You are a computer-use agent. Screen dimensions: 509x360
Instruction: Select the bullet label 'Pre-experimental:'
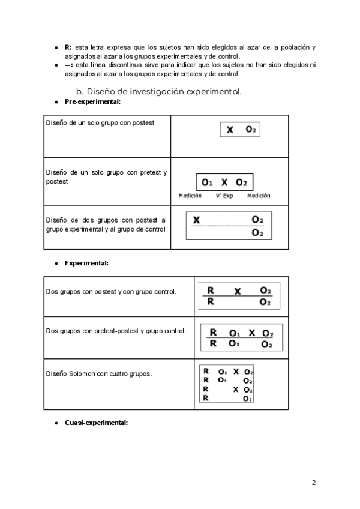[x=92, y=103]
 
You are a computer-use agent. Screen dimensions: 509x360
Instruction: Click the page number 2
[x=314, y=482]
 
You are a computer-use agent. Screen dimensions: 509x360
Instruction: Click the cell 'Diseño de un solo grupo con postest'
[x=100, y=123]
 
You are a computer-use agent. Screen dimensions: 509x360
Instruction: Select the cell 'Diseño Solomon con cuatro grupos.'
[x=99, y=373]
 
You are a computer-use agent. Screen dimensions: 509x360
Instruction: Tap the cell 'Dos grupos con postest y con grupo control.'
[x=111, y=292]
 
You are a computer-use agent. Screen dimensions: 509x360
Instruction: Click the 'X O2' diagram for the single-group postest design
[x=239, y=130]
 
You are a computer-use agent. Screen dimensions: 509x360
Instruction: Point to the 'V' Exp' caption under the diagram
[x=224, y=196]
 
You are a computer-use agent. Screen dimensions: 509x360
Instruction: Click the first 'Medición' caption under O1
[x=190, y=196]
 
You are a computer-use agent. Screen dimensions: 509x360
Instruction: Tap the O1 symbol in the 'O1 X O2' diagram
[x=208, y=182]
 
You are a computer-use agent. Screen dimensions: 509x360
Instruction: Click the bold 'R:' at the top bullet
[x=68, y=47]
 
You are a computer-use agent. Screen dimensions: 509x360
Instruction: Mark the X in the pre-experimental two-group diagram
[x=196, y=220]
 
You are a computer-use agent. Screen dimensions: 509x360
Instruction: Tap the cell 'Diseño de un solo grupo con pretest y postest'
[x=106, y=176]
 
